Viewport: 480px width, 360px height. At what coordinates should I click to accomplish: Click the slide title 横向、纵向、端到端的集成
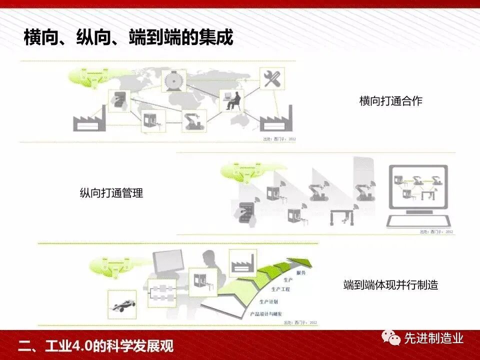[128, 37]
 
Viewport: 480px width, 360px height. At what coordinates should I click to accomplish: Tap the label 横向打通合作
[390, 101]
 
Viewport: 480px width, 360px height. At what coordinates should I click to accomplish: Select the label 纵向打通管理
[111, 193]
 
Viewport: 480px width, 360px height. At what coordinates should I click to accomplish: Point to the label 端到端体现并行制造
[390, 285]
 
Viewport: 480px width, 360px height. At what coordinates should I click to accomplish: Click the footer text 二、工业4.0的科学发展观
[95, 345]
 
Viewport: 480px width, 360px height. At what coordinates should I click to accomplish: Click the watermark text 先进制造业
[433, 338]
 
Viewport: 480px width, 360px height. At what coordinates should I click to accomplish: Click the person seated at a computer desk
[232, 100]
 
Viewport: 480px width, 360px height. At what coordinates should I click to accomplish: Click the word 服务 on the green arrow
[300, 273]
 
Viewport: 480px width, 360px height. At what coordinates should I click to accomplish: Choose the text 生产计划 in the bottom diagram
[269, 301]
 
